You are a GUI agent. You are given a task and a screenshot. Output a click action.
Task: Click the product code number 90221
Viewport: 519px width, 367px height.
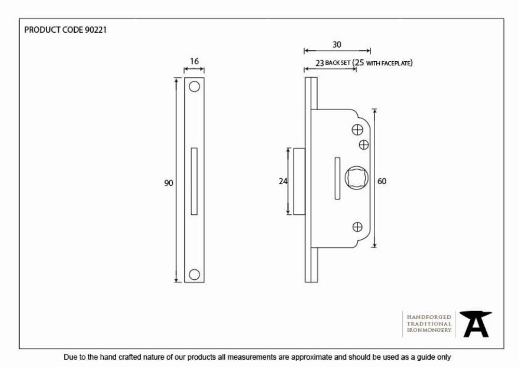pyautogui.click(x=96, y=30)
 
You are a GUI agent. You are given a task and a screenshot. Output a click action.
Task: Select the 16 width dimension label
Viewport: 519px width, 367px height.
pyautogui.click(x=194, y=61)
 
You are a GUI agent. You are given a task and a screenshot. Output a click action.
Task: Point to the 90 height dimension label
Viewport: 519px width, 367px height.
pyautogui.click(x=169, y=183)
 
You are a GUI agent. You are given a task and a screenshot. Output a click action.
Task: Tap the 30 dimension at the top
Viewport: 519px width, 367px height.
pyautogui.click(x=337, y=44)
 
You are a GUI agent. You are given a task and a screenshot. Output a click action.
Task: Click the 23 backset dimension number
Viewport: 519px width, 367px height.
pyautogui.click(x=319, y=63)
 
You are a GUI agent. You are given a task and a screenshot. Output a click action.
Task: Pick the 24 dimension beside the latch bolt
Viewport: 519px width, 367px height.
pyautogui.click(x=283, y=181)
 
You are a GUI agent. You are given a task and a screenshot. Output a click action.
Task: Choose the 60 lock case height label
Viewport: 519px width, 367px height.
pyautogui.click(x=381, y=181)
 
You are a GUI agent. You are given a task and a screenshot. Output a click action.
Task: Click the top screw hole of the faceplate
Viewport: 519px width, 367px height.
pyautogui.click(x=194, y=86)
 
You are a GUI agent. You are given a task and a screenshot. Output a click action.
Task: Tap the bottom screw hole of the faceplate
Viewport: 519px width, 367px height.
pyautogui.click(x=194, y=274)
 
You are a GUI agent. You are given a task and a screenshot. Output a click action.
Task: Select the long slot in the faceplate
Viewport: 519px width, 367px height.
pyautogui.click(x=194, y=181)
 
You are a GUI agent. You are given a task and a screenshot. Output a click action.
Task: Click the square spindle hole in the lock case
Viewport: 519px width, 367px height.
pyautogui.click(x=356, y=178)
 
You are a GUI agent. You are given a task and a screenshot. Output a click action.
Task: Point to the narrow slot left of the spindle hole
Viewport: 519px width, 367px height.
pyautogui.click(x=337, y=179)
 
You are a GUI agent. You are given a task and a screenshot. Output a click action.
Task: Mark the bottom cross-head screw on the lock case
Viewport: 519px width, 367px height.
pyautogui.click(x=358, y=227)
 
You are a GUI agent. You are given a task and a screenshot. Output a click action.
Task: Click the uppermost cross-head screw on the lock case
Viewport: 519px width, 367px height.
pyautogui.click(x=358, y=130)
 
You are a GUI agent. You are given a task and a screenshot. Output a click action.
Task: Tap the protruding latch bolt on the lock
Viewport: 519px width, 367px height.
pyautogui.click(x=299, y=181)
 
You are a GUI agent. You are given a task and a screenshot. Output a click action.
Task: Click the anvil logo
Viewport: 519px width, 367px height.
pyautogui.click(x=475, y=324)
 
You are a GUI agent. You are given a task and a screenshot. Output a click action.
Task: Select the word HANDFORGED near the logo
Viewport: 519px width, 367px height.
pyautogui.click(x=429, y=317)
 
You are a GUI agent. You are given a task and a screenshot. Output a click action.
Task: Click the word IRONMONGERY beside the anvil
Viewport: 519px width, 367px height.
pyautogui.click(x=429, y=330)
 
